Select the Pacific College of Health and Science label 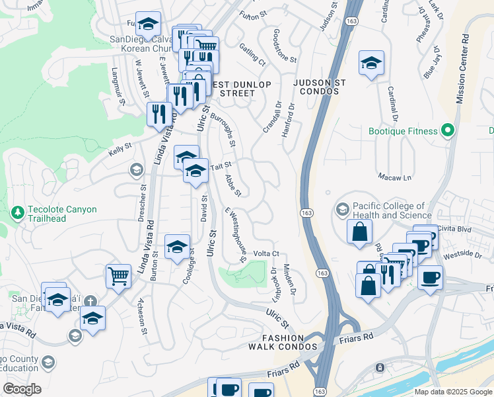(392, 210)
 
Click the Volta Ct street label (267, 253)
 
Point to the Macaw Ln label (395, 177)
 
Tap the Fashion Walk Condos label (283, 342)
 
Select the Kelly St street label (120, 152)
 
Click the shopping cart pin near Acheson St (118, 275)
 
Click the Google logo (22, 389)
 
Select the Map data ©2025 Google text (453, 392)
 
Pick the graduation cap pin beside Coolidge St (177, 247)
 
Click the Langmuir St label (118, 86)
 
